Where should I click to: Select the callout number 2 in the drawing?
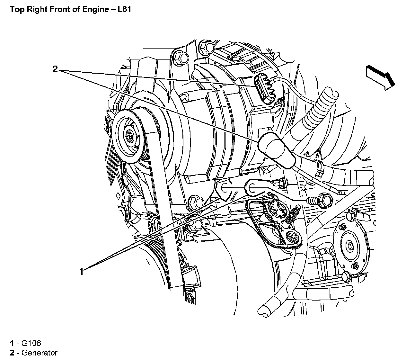click(x=55, y=69)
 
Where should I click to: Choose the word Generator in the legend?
click(x=40, y=353)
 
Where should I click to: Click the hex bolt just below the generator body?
click(x=194, y=202)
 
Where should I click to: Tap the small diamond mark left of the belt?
click(x=118, y=196)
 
